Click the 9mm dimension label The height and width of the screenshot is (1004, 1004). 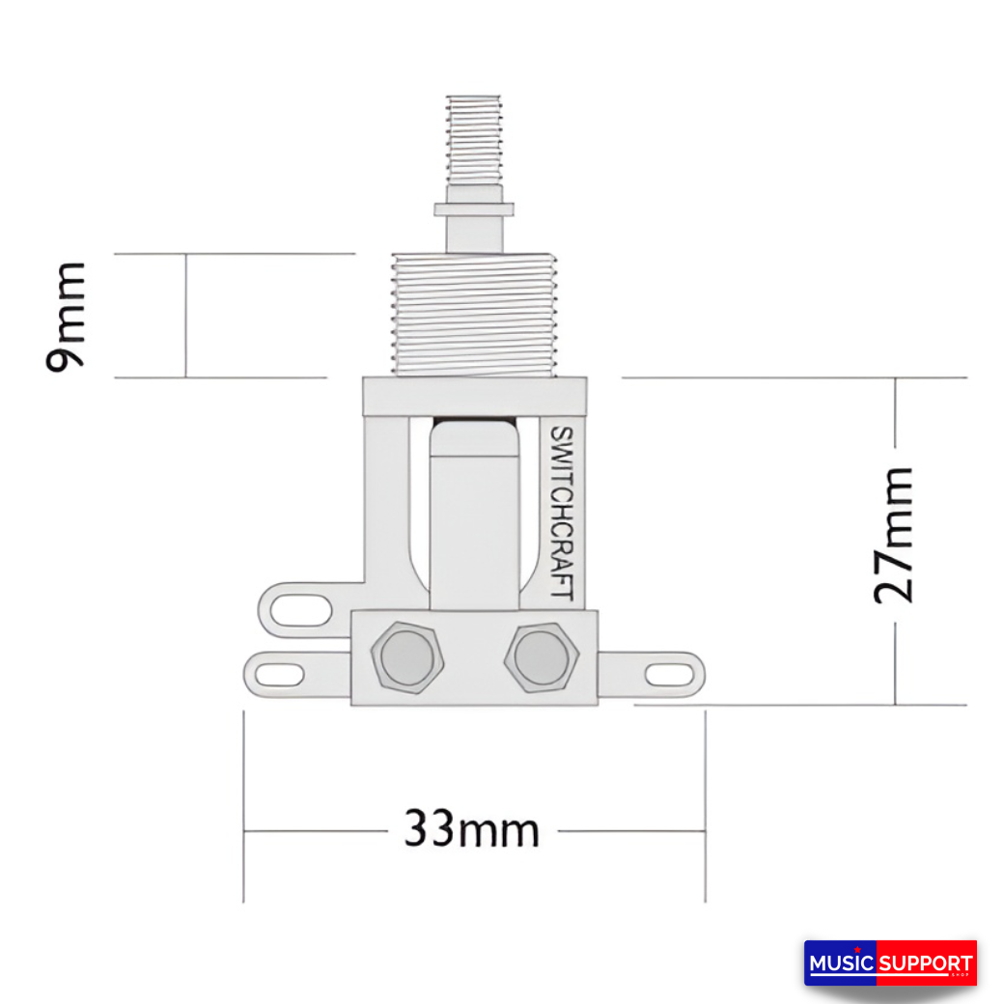click(x=66, y=315)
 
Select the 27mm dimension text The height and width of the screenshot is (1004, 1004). click(x=893, y=535)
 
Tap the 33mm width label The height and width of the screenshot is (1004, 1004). click(x=471, y=828)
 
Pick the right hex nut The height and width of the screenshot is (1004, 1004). click(x=541, y=656)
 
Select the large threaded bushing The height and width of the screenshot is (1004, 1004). click(x=473, y=314)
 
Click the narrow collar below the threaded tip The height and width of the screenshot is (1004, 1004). click(x=473, y=209)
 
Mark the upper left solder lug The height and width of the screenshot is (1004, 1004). click(x=294, y=609)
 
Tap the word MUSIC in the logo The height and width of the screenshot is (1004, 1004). click(x=841, y=963)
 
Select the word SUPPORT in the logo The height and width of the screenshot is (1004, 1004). click(x=925, y=963)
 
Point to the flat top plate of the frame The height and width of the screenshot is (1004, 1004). click(x=474, y=396)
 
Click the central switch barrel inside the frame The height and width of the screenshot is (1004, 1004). click(x=474, y=516)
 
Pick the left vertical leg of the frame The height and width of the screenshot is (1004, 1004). click(x=385, y=502)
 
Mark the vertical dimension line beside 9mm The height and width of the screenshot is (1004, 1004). click(x=185, y=315)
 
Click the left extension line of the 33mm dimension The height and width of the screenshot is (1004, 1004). click(x=243, y=807)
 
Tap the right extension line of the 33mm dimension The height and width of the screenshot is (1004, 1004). click(x=705, y=807)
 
